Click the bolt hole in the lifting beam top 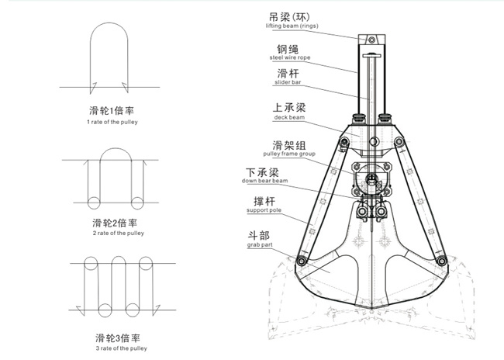[x=371, y=40]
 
